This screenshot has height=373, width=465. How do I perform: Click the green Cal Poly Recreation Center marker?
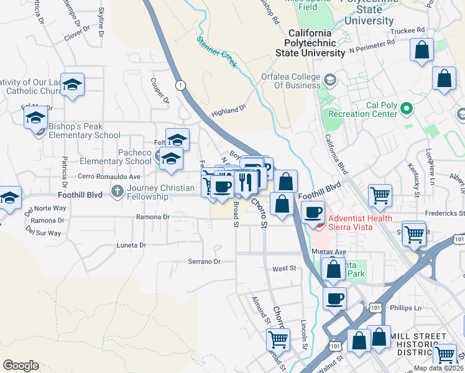coord(407,109)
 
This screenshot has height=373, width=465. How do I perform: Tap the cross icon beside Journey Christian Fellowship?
coord(117,191)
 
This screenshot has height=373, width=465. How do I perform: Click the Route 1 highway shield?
coord(180,85)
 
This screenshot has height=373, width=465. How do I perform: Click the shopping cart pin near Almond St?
coord(278,340)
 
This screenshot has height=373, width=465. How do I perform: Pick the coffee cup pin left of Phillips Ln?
coord(334,298)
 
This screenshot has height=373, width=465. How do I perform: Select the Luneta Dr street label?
coord(131,245)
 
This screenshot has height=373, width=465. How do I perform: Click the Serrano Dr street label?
coord(208,262)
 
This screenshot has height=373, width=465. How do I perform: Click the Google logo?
coord(21,366)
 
